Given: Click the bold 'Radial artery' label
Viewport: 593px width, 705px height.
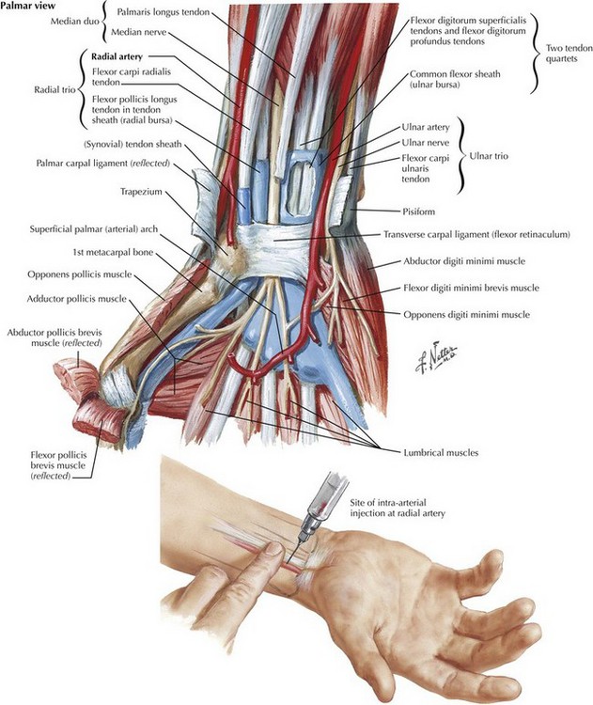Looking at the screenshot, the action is pyautogui.click(x=117, y=56).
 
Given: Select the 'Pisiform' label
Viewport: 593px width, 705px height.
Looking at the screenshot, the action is pyautogui.click(x=417, y=211).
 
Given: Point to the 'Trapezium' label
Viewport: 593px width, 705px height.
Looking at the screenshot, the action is pyautogui.click(x=141, y=192).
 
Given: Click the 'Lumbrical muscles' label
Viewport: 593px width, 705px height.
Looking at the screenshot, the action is pyautogui.click(x=441, y=452).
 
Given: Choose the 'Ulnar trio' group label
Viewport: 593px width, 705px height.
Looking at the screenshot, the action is pyautogui.click(x=489, y=156).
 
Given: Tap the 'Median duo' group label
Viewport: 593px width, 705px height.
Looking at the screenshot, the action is pyautogui.click(x=74, y=22).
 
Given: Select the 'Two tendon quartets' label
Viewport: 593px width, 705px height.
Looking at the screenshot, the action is pyautogui.click(x=562, y=53).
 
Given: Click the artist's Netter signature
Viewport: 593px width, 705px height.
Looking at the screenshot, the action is pyautogui.click(x=436, y=359).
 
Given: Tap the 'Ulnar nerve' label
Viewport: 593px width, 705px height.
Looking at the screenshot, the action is pyautogui.click(x=426, y=143).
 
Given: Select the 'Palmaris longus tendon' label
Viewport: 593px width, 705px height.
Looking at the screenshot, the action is pyautogui.click(x=164, y=12).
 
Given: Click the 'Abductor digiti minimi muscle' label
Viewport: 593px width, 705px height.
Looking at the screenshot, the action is pyautogui.click(x=464, y=260).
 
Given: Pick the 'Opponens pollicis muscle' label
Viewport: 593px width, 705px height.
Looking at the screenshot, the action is pyautogui.click(x=80, y=274).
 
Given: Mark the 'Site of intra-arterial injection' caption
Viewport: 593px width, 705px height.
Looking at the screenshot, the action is pyautogui.click(x=398, y=508).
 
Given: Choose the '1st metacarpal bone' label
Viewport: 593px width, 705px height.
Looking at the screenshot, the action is pyautogui.click(x=113, y=253).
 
